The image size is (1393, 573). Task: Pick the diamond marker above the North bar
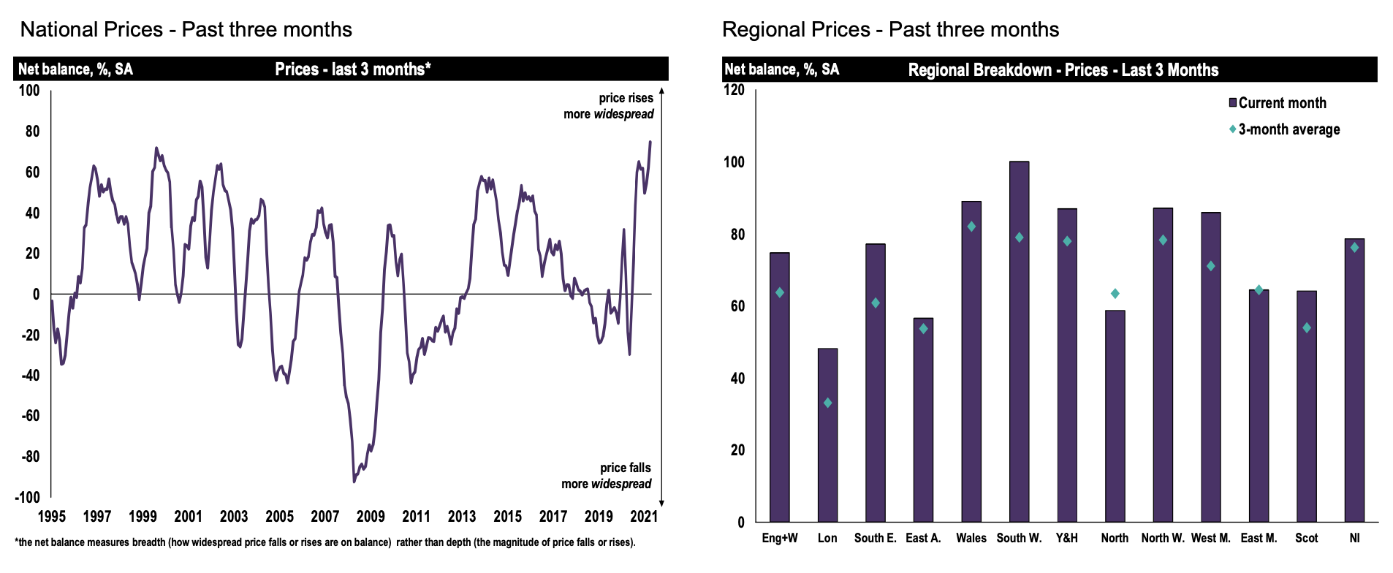pos(1115,294)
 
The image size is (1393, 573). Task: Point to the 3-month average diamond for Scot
pos(1306,328)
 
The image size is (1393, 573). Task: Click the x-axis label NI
pos(1354,538)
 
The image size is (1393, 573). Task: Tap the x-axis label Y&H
pos(1067,538)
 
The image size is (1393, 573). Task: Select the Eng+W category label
pos(780,538)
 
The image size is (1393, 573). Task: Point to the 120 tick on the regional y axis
pos(734,90)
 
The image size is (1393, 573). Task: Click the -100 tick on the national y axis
pos(28,497)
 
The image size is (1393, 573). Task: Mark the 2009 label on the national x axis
pos(371,516)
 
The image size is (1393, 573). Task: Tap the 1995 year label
pos(51,516)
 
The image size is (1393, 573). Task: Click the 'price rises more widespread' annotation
pos(609,106)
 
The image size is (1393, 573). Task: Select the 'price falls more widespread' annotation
pos(607,476)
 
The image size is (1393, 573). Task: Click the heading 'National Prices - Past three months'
pos(186,29)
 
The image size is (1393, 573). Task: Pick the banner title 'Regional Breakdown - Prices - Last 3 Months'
pos(1063,70)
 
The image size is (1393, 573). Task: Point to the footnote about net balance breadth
pos(325,542)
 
